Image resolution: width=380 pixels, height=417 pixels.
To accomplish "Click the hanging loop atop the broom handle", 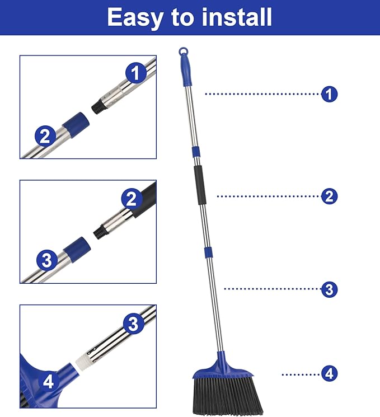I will tap(183, 52).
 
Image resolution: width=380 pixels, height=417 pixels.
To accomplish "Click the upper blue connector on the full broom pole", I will tap(195, 152).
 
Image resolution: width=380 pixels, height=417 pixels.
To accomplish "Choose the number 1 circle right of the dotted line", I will tap(330, 94).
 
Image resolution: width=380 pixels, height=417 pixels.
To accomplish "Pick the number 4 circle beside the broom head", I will tap(330, 373).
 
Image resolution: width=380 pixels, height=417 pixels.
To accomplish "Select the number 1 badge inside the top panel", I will tap(135, 73).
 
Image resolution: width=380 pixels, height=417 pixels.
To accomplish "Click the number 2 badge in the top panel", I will tap(45, 136).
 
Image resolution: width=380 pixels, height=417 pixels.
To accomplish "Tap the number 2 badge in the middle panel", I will tap(132, 199).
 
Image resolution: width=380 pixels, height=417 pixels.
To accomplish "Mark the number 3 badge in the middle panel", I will tap(47, 260).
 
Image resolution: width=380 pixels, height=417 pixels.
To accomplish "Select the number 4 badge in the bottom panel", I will tap(49, 382).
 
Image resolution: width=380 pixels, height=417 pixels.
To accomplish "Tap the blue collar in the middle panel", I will tap(76, 247).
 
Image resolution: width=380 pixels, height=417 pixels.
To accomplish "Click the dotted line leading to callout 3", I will tap(272, 289).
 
